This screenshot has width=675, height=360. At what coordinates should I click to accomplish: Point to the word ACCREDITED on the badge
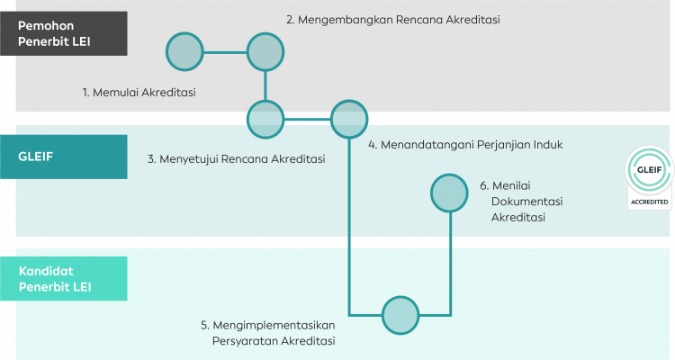[649, 202]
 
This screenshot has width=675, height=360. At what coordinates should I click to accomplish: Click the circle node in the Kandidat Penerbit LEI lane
[400, 315]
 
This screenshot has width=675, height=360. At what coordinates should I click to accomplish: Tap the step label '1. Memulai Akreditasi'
[139, 92]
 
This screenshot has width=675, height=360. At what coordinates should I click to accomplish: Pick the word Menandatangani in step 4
[427, 144]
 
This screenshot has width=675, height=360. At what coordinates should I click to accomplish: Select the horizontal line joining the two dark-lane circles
[225, 52]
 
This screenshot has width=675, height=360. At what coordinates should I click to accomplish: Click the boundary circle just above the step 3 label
[265, 118]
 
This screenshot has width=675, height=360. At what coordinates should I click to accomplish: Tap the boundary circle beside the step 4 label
[349, 118]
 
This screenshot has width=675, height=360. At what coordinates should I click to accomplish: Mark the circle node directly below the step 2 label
[265, 52]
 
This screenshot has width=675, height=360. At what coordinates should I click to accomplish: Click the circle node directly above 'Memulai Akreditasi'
[185, 52]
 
